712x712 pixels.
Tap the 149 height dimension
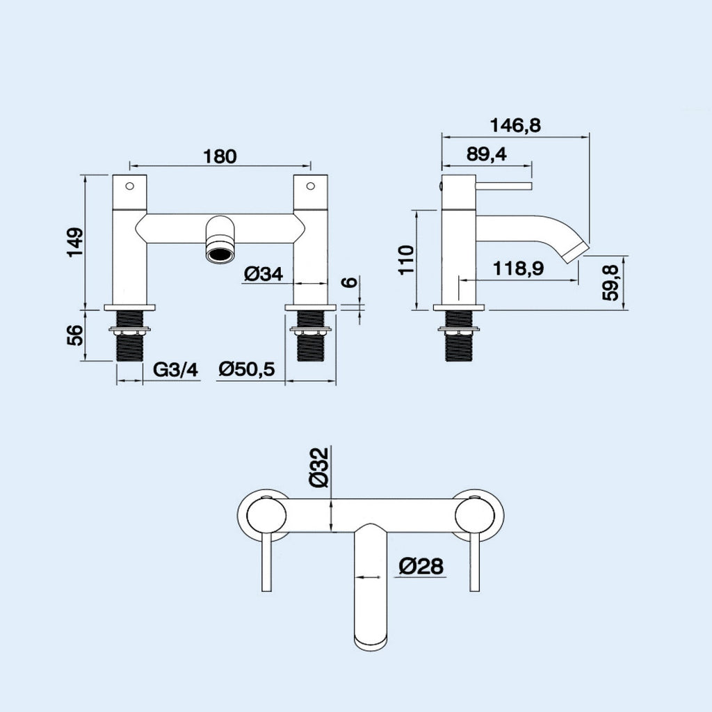(76, 243)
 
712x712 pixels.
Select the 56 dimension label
(76, 335)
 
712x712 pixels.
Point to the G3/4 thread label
(175, 370)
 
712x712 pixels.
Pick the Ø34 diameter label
(264, 275)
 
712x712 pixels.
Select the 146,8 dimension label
(515, 126)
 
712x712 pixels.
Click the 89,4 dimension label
(487, 154)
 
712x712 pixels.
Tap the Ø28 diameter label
(421, 567)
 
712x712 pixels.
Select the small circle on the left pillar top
(129, 186)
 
